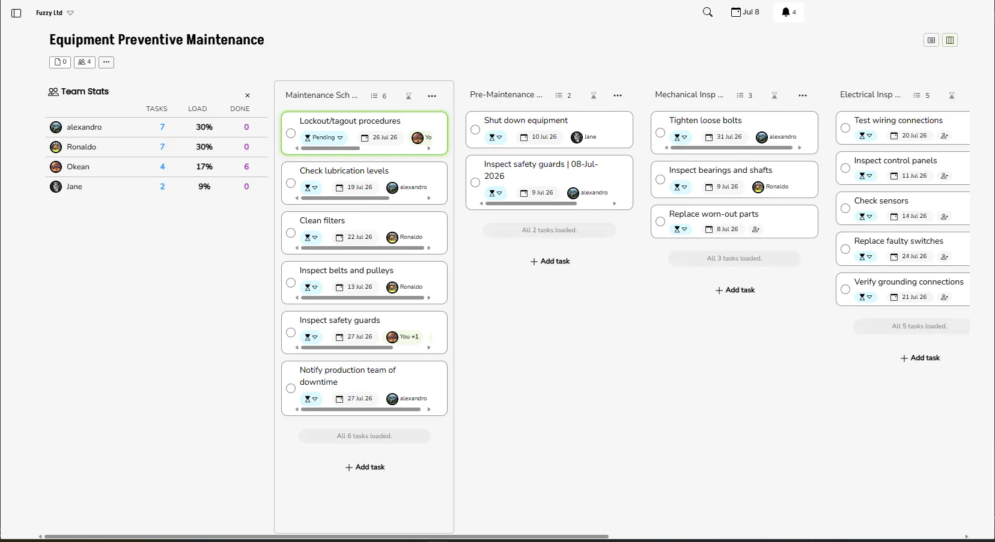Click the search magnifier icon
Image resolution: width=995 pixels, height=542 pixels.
click(708, 13)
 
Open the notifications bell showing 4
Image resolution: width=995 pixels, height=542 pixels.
click(788, 13)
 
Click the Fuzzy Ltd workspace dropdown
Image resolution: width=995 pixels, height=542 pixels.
click(55, 13)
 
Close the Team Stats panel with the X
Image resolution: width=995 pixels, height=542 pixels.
click(248, 95)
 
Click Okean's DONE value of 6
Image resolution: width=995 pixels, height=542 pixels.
click(246, 167)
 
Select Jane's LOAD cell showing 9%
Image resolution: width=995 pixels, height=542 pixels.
click(204, 187)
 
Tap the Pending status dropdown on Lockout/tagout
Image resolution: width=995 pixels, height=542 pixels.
click(323, 137)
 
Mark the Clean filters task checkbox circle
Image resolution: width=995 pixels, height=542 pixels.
click(291, 233)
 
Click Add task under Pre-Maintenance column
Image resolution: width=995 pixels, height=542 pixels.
click(550, 262)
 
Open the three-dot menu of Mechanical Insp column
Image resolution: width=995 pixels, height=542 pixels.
click(802, 95)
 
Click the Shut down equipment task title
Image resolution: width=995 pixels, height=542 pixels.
click(526, 120)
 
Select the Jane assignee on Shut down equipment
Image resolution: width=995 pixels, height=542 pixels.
click(583, 137)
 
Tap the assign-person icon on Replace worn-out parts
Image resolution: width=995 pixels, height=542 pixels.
click(756, 229)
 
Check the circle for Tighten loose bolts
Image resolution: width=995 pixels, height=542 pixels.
click(660, 133)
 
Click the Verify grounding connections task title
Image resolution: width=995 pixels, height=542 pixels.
click(909, 282)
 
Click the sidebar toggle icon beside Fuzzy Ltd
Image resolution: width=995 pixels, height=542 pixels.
click(16, 13)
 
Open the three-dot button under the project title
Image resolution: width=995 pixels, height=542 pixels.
click(106, 62)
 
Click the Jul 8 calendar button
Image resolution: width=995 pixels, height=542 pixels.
click(745, 12)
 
